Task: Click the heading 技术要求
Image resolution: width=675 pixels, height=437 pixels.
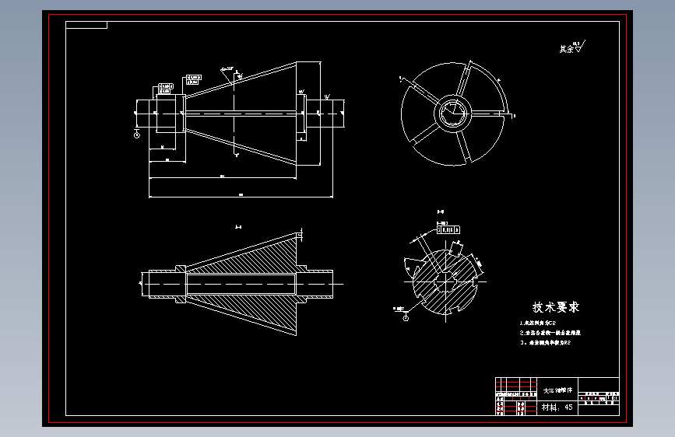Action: tap(555, 307)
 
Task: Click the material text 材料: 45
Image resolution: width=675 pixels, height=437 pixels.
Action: tap(557, 407)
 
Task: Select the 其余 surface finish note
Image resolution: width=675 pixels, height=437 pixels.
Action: tap(569, 48)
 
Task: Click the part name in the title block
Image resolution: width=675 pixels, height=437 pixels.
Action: tap(557, 390)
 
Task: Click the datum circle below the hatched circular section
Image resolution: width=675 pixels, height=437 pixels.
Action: tap(406, 317)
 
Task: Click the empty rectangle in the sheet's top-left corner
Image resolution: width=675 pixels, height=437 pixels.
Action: tap(86, 25)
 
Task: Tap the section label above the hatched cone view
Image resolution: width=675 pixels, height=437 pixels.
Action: tap(238, 226)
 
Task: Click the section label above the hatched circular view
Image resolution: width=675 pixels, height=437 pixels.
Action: tap(441, 211)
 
